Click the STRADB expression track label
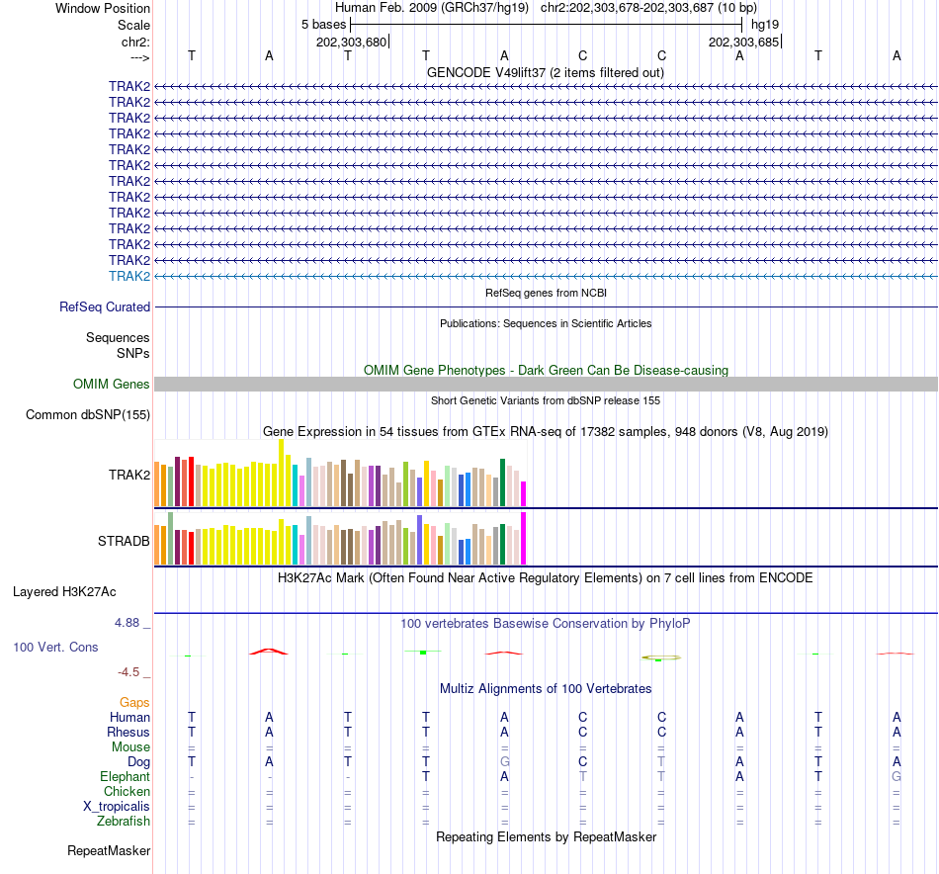pyautogui.click(x=124, y=541)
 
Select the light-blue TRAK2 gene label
pyautogui.click(x=129, y=276)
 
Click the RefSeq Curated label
pyautogui.click(x=105, y=307)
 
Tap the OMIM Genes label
pyautogui.click(x=112, y=385)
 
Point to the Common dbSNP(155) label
pyautogui.click(x=87, y=415)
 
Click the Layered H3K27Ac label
pyautogui.click(x=64, y=592)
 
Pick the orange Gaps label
pyautogui.click(x=134, y=702)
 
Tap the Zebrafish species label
pyautogui.click(x=124, y=822)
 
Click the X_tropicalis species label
pyautogui.click(x=117, y=807)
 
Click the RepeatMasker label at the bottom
pyautogui.click(x=109, y=850)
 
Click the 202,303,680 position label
pyautogui.click(x=351, y=43)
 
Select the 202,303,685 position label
pyautogui.click(x=744, y=43)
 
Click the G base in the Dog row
pyautogui.click(x=504, y=762)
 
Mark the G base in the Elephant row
pyautogui.click(x=896, y=777)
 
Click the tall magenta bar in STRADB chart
pyautogui.click(x=524, y=538)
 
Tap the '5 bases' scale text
pyautogui.click(x=323, y=24)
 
